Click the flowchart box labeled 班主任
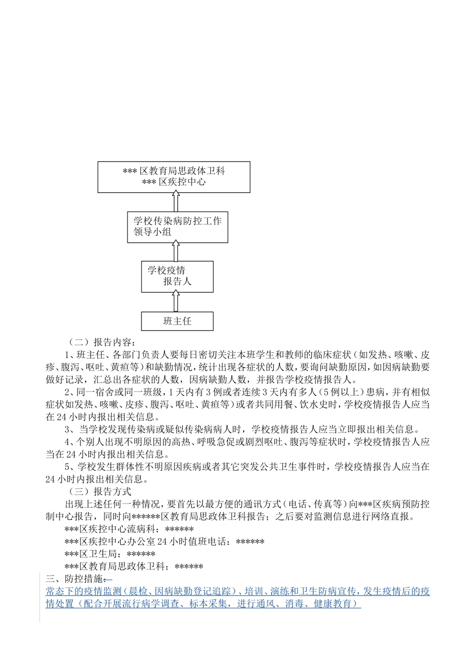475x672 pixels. pyautogui.click(x=177, y=321)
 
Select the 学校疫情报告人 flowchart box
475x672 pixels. pyautogui.click(x=177, y=276)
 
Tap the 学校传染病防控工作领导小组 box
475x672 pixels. pyautogui.click(x=177, y=227)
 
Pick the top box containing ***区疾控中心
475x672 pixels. pyautogui.click(x=173, y=176)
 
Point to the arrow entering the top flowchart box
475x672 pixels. pyautogui.click(x=175, y=202)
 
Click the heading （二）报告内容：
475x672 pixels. pyautogui.click(x=100, y=342)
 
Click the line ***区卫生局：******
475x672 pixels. pyautogui.click(x=110, y=554)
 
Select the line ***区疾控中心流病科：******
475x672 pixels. pyautogui.click(x=129, y=529)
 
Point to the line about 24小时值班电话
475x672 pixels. pyautogui.click(x=164, y=541)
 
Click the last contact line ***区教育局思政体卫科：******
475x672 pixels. pyautogui.click(x=133, y=566)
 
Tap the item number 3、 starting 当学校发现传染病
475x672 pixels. pyautogui.click(x=69, y=429)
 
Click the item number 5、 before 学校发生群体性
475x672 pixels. pyautogui.click(x=69, y=467)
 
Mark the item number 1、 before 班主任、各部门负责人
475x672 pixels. pyautogui.click(x=69, y=355)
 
